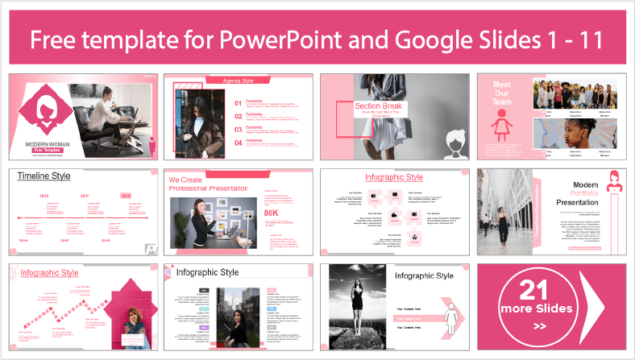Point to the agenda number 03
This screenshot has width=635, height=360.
(238, 129)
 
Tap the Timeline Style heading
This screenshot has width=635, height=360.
(44, 176)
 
